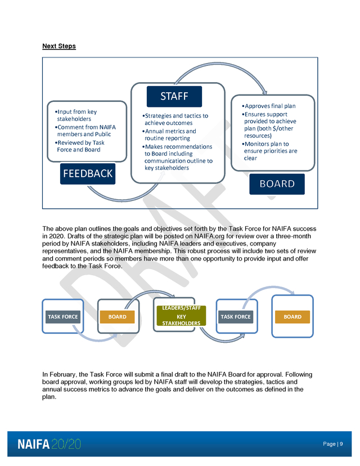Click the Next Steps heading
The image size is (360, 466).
[x=59, y=46]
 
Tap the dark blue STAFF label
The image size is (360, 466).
[x=174, y=96]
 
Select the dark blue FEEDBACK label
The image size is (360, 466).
[x=88, y=174]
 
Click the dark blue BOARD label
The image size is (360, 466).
[x=277, y=184]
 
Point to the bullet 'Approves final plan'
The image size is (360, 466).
[x=269, y=106]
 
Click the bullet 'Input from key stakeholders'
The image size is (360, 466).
[x=76, y=115]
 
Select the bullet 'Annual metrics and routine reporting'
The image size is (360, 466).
[x=169, y=135]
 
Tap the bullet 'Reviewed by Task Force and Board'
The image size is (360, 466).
[x=80, y=146]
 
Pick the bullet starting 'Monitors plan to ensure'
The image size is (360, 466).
[x=269, y=151]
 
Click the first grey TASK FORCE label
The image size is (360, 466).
[x=63, y=317]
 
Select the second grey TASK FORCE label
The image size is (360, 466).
[x=236, y=317]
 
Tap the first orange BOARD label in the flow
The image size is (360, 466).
[x=118, y=317]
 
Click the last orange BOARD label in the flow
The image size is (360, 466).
[x=292, y=317]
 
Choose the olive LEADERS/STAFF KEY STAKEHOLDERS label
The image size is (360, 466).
[x=181, y=316]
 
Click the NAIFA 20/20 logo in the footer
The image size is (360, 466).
[x=49, y=444]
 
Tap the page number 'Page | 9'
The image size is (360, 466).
[x=333, y=444]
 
